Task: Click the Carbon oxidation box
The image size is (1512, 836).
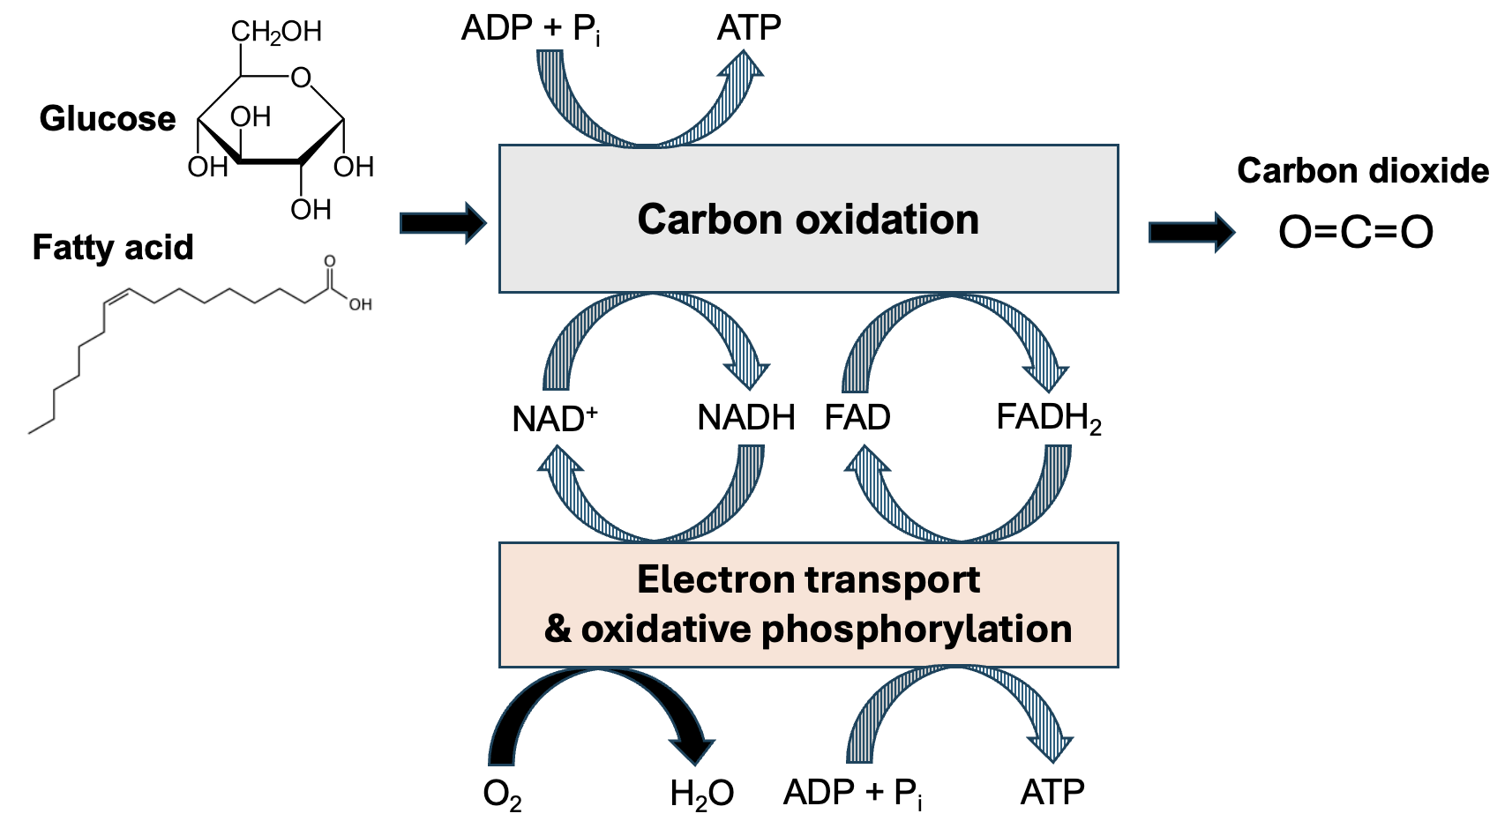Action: (x=808, y=219)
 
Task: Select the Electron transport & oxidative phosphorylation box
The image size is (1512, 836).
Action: (x=808, y=605)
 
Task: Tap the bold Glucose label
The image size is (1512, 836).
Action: (x=108, y=118)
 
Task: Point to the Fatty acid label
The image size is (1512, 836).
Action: (x=113, y=248)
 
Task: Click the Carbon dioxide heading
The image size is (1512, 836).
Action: (x=1362, y=171)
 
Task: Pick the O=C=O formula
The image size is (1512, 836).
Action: (x=1356, y=233)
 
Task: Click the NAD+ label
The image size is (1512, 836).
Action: (x=554, y=419)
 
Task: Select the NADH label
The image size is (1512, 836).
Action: (x=746, y=418)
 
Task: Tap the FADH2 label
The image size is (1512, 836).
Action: (x=1048, y=418)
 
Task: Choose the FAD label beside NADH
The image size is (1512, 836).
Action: (x=857, y=418)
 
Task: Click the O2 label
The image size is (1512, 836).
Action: (x=502, y=795)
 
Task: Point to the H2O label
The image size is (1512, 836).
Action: (x=701, y=795)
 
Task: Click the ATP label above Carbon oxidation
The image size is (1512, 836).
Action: (x=749, y=29)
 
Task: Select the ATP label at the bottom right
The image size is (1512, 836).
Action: (x=1052, y=793)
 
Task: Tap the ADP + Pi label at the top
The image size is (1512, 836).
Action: (x=531, y=30)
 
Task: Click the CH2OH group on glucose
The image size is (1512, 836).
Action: (x=276, y=33)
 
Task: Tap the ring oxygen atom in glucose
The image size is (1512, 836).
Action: (x=302, y=78)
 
